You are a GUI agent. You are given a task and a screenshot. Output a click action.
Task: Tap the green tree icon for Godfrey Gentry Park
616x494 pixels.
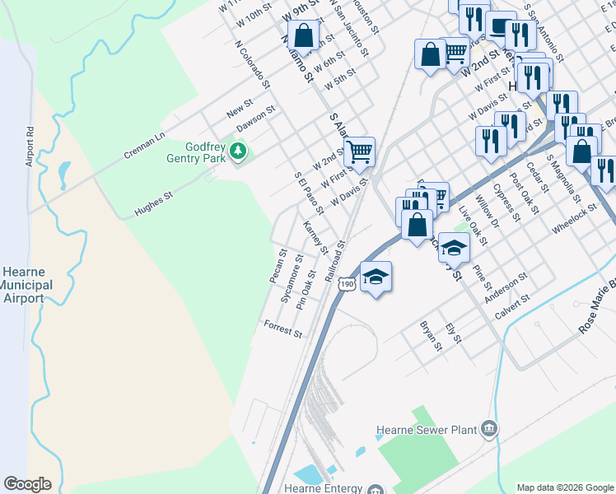tap(238, 151)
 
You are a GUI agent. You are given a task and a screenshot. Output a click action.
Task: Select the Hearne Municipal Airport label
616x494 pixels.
tap(26, 285)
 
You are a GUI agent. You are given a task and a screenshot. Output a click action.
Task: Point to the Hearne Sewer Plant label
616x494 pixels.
tap(426, 429)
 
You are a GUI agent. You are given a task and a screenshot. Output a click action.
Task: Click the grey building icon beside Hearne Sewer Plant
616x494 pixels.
tap(489, 428)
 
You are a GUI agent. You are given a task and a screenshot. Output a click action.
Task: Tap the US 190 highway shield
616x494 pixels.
tap(347, 283)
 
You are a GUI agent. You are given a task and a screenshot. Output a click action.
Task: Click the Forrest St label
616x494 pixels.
tap(282, 329)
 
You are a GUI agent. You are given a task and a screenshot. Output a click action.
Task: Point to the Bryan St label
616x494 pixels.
tap(431, 336)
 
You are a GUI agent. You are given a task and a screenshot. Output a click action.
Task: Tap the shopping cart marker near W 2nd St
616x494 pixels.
tap(358, 151)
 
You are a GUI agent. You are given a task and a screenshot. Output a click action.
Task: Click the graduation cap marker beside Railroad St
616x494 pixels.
tap(376, 276)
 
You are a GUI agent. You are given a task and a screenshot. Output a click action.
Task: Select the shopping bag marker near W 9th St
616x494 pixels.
tap(303, 35)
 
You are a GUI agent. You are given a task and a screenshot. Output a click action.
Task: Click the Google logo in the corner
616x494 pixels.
tap(27, 484)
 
